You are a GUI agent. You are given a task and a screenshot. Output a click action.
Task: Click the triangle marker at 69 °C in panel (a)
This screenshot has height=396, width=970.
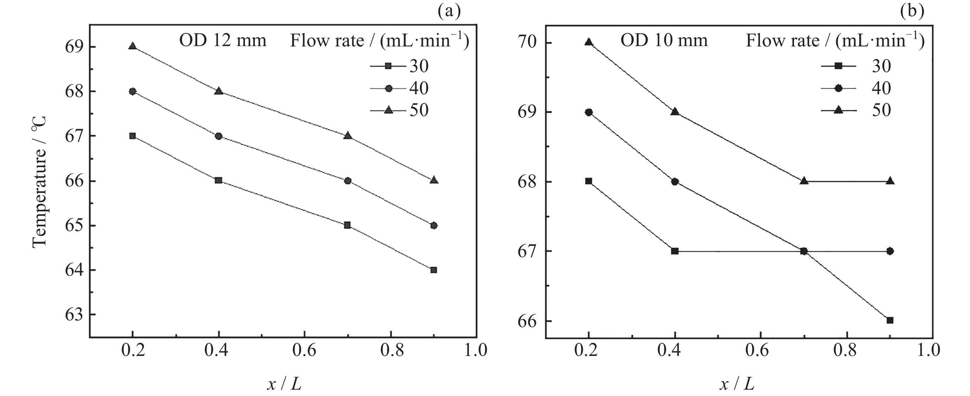132,46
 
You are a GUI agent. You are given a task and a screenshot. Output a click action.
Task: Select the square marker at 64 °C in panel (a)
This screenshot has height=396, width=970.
433,270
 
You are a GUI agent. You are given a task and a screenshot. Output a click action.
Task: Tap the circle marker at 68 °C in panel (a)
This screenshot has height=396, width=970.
132,91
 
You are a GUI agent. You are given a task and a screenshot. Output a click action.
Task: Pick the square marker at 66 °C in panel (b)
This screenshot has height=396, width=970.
890,320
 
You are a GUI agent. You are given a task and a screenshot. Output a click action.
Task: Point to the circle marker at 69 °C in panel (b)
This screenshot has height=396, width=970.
588,112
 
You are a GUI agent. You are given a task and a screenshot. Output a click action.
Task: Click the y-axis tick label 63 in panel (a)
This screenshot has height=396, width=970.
74,315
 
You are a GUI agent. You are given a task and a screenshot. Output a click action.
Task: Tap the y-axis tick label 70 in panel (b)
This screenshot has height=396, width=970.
527,43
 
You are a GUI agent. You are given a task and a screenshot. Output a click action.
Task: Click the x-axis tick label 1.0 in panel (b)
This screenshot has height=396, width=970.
928,350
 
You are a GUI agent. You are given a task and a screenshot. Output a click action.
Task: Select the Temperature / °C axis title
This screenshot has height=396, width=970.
39,181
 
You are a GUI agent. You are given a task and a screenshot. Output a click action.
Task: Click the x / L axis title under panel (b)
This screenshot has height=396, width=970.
737,384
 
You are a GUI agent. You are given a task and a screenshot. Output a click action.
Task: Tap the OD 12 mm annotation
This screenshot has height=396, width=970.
222,40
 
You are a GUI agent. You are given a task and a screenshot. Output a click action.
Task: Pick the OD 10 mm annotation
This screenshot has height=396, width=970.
664,40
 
